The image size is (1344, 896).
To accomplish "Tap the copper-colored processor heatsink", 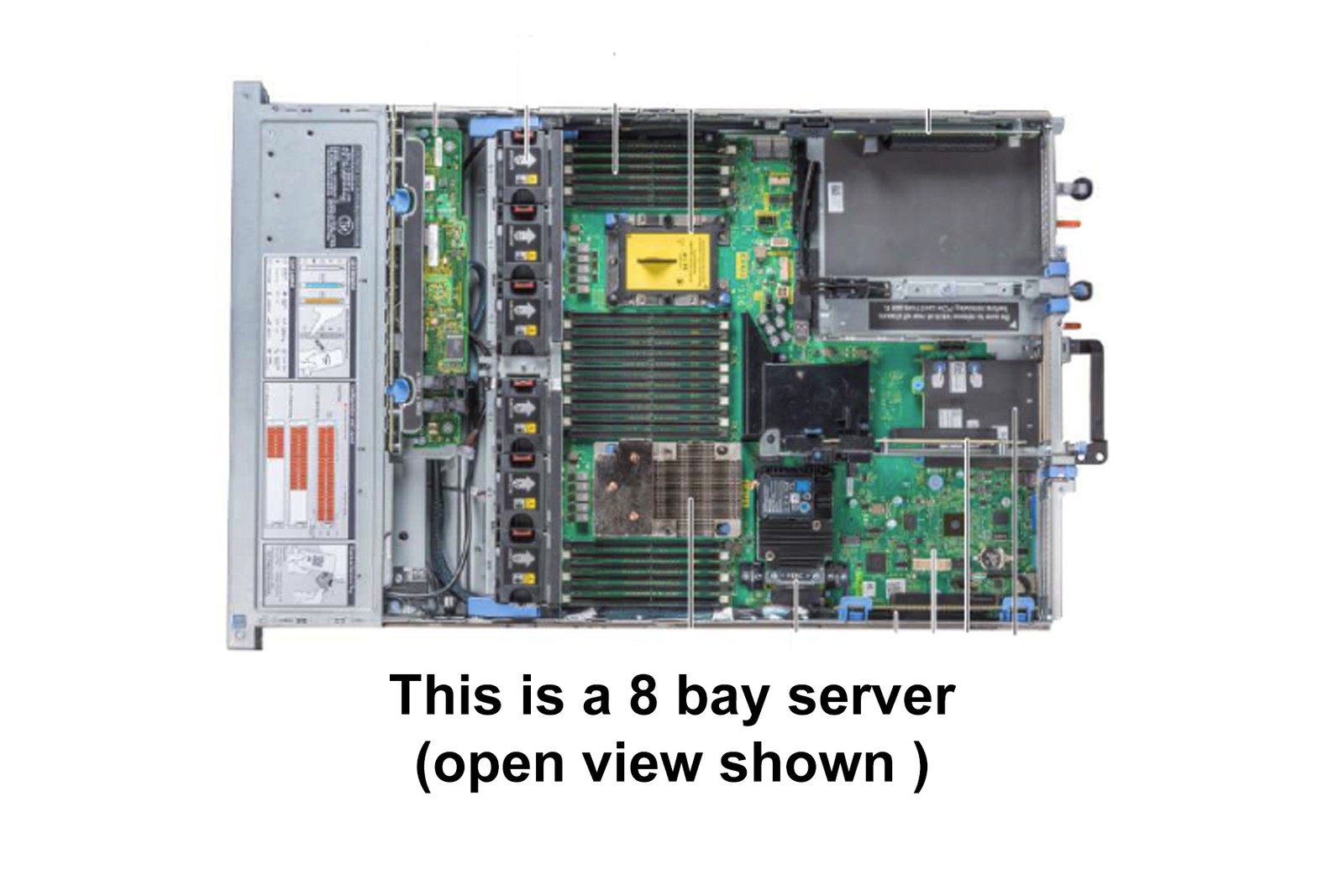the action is click(666, 488).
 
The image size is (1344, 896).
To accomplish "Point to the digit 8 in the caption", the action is click(643, 696).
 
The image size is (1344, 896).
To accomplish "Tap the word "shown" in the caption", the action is click(806, 763).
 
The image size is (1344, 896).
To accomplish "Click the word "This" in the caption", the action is click(445, 696).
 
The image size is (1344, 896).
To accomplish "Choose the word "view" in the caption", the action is click(642, 763).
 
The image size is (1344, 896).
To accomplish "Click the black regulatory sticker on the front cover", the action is click(344, 195).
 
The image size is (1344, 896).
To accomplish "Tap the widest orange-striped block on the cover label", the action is click(326, 479).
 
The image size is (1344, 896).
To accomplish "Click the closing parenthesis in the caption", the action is click(921, 765).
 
